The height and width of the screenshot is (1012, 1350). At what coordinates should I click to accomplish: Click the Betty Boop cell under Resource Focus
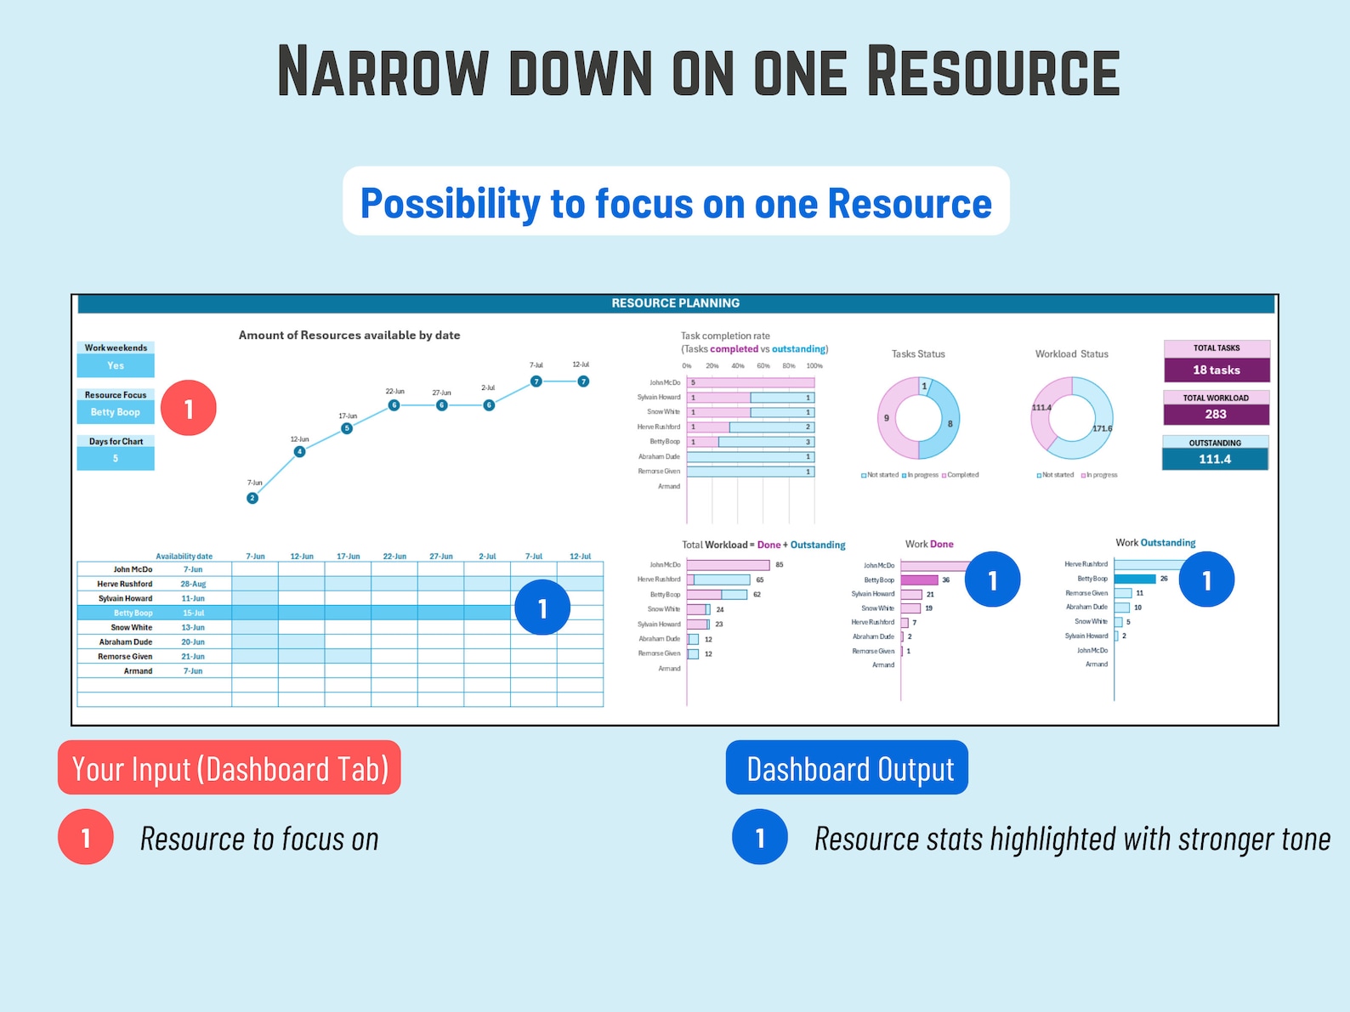(x=116, y=412)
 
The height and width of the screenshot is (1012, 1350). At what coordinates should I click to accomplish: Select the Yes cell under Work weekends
(x=116, y=365)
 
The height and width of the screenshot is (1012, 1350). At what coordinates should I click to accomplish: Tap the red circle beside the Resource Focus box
(x=189, y=409)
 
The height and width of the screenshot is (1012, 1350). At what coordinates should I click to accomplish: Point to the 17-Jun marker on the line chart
(x=347, y=428)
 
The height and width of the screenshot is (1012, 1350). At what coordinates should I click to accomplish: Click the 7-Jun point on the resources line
(x=252, y=498)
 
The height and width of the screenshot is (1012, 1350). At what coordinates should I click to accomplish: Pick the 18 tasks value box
(x=1217, y=370)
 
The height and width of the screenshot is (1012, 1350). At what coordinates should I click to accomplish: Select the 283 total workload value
(x=1216, y=414)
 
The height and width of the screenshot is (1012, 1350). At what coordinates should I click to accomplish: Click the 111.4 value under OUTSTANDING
(x=1215, y=459)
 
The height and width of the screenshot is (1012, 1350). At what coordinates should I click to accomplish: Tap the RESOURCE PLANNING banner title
(x=676, y=303)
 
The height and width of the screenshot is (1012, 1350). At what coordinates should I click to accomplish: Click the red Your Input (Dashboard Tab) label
(x=230, y=768)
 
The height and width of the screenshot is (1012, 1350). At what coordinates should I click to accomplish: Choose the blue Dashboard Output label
(x=848, y=768)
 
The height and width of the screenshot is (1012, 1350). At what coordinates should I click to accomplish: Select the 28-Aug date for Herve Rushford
(x=193, y=584)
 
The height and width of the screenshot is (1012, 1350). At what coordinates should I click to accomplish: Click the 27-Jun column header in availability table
(x=441, y=557)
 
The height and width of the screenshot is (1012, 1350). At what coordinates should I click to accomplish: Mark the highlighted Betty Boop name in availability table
(x=133, y=613)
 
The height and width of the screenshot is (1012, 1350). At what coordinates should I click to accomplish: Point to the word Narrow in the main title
(x=383, y=71)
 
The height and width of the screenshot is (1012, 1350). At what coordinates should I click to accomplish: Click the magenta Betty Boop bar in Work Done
(x=919, y=580)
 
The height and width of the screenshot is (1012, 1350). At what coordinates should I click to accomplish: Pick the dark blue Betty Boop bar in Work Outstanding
(x=1135, y=579)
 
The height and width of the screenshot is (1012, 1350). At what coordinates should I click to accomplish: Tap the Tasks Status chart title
(x=918, y=354)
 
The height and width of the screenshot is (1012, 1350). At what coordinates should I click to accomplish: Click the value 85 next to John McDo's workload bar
(x=780, y=565)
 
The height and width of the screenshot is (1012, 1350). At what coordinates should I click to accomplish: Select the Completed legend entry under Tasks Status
(x=962, y=475)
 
